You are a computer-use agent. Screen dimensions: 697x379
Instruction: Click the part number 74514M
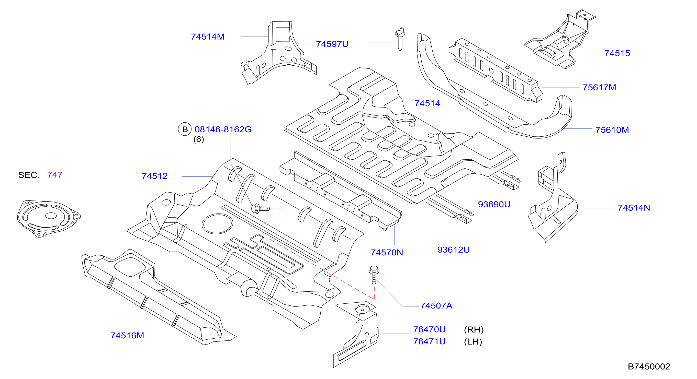click(208, 37)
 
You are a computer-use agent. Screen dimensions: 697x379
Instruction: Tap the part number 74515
click(617, 53)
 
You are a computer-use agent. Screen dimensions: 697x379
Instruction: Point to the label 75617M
click(599, 88)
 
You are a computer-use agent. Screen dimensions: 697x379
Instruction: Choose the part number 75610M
click(612, 130)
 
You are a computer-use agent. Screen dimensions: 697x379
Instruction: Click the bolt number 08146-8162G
click(223, 129)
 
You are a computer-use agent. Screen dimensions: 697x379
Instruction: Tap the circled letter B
click(185, 129)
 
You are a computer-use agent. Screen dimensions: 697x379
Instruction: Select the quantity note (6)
click(199, 139)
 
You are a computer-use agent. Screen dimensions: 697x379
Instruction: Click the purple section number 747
click(55, 175)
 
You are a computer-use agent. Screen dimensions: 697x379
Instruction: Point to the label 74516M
click(127, 336)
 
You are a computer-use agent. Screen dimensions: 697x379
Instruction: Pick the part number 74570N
click(387, 253)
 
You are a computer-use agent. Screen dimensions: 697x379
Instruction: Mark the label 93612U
click(454, 250)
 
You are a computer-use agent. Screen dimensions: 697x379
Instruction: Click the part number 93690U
click(494, 204)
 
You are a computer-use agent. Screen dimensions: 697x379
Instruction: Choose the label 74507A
click(436, 306)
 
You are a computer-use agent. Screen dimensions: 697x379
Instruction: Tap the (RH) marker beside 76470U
click(474, 330)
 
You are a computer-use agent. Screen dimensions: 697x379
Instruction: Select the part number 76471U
click(429, 342)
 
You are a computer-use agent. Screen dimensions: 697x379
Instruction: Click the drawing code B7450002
click(649, 366)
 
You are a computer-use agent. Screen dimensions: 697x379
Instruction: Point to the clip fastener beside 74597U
click(400, 39)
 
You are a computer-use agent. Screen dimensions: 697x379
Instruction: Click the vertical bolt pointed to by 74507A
click(374, 275)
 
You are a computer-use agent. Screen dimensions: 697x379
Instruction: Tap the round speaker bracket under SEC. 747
click(49, 219)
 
